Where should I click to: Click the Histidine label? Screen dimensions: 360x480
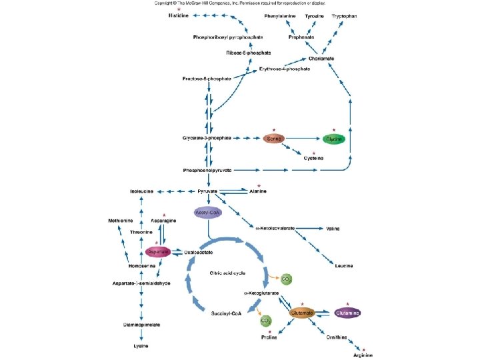click(x=178, y=15)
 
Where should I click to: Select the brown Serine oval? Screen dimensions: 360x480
click(x=273, y=138)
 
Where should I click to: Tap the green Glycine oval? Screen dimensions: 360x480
click(x=334, y=138)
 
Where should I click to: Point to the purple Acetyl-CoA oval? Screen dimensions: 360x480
click(x=207, y=211)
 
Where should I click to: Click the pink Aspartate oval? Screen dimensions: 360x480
click(x=157, y=251)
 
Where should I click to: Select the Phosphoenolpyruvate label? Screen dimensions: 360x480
click(x=207, y=171)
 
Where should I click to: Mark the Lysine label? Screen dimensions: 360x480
click(x=140, y=346)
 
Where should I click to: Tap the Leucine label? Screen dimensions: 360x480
click(x=344, y=265)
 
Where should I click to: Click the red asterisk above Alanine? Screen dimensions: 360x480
click(x=259, y=184)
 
